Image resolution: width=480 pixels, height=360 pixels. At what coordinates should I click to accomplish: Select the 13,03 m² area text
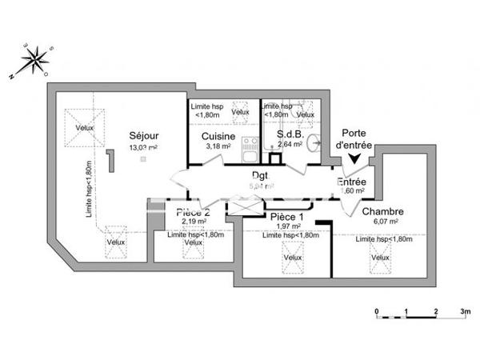144,148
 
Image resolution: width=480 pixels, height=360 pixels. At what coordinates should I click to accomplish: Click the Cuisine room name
218,135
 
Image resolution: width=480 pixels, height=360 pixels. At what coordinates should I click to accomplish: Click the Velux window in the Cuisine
240,113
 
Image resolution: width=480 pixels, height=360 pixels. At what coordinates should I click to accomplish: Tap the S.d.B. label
289,135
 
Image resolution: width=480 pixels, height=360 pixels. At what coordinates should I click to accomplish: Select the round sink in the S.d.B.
318,144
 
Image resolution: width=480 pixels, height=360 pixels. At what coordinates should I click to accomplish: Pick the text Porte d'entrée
355,139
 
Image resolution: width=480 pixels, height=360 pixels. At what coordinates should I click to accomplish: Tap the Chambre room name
382,212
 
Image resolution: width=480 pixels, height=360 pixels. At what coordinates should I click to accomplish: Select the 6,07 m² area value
382,223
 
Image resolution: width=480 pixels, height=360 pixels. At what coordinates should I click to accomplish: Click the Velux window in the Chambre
380,258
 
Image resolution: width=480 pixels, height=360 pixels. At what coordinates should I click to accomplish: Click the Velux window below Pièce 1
292,258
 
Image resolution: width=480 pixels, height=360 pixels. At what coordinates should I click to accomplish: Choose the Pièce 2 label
193,212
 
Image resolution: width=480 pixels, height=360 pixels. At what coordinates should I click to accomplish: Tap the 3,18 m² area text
218,146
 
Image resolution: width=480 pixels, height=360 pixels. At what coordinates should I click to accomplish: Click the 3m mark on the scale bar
465,310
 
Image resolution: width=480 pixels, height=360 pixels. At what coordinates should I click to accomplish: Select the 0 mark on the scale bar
376,310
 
